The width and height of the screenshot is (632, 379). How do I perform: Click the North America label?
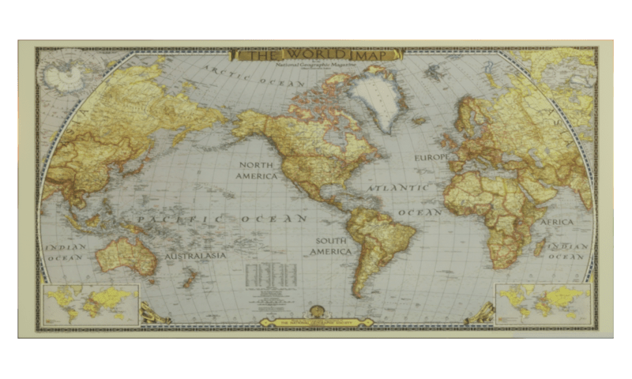point(257,170)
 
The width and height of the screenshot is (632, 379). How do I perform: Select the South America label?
point(330,246)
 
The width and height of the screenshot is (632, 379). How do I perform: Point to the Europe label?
point(431,158)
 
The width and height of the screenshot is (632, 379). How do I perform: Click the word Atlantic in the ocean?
point(400,189)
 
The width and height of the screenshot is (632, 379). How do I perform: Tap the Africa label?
point(557,223)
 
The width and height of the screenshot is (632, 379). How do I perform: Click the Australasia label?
point(195,256)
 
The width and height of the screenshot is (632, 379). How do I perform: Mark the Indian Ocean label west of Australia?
point(66,252)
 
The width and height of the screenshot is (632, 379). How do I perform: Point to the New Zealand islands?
point(190,277)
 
